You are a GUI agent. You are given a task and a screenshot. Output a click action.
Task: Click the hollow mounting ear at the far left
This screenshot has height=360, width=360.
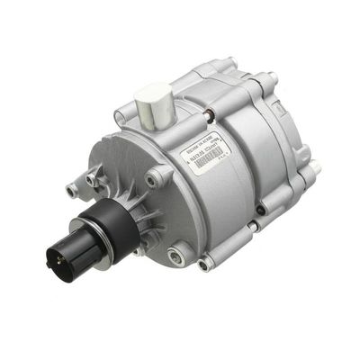click(x=71, y=190)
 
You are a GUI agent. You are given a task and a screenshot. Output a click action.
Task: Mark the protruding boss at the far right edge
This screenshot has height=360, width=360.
click(x=316, y=166)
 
